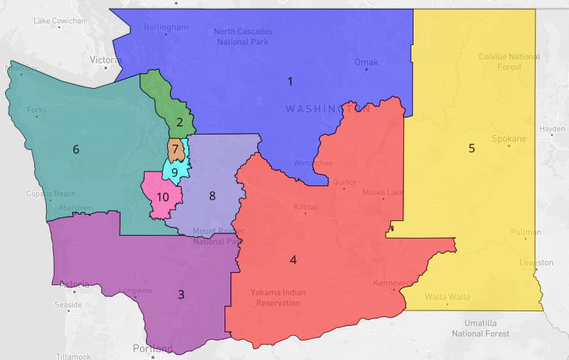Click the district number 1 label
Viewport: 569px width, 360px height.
[x=290, y=81]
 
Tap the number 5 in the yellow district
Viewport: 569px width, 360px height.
[x=471, y=148]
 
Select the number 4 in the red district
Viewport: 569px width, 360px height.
[x=293, y=260]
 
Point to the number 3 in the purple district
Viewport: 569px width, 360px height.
[x=181, y=295]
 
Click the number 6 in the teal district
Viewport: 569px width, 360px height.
[x=76, y=150]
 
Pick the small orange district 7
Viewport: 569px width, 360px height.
[x=175, y=149]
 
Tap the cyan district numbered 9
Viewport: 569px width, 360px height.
[x=174, y=172]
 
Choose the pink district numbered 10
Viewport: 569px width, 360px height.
[x=163, y=196]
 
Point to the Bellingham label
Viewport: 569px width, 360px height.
[x=166, y=28]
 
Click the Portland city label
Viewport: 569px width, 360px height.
[x=153, y=348]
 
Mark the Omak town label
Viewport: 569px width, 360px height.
[x=366, y=62]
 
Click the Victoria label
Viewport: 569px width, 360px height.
[x=106, y=60]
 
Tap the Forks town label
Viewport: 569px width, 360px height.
[x=36, y=111]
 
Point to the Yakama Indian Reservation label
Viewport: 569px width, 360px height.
[x=278, y=297]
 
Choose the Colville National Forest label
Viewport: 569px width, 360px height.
[x=509, y=61]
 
